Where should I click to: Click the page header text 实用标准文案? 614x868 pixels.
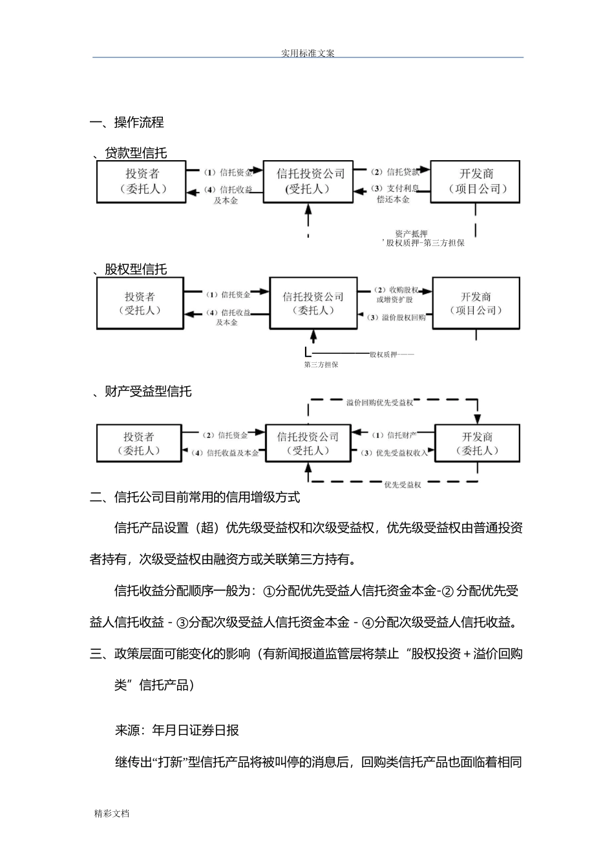click(308, 53)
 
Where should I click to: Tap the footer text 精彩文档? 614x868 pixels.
click(112, 813)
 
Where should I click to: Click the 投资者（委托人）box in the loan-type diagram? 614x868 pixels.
click(142, 181)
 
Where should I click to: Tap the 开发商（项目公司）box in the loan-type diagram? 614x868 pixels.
click(476, 181)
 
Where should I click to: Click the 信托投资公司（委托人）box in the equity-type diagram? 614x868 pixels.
click(313, 304)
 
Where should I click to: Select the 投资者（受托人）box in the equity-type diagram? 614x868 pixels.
click(140, 304)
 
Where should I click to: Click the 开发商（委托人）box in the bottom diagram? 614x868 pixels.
click(477, 443)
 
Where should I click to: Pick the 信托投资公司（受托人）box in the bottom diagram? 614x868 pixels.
click(308, 443)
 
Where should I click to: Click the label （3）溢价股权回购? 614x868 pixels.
click(396, 318)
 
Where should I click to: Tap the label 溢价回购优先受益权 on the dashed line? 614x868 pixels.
click(379, 402)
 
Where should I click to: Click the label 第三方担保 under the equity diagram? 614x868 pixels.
click(321, 365)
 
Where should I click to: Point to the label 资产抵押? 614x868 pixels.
click(411, 234)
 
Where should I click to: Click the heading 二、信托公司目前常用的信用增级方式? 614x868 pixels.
click(195, 497)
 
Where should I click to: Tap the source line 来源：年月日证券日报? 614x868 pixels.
click(177, 730)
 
